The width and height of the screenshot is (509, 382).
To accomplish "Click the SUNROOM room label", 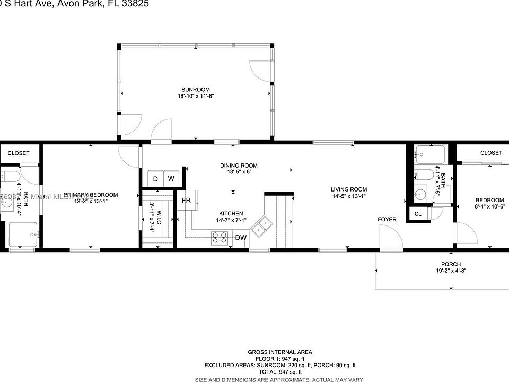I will [x=195, y=89].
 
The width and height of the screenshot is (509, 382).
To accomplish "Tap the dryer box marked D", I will [x=155, y=179].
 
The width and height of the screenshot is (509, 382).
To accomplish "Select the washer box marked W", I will [x=171, y=179].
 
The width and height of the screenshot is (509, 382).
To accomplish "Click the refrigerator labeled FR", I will [x=187, y=201].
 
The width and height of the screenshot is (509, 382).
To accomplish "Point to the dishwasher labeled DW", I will [x=241, y=238].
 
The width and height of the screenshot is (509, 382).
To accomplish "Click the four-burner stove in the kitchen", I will [x=220, y=238].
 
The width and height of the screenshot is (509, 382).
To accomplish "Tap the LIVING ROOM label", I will [x=348, y=189].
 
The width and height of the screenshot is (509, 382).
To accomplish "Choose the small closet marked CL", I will [x=418, y=214].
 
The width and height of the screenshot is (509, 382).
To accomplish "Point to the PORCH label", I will [x=451, y=264].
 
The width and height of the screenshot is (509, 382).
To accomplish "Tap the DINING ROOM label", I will [x=239, y=166].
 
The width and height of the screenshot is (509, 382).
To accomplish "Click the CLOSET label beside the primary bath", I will [x=19, y=153].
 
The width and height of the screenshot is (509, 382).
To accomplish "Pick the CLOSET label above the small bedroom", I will [x=490, y=153].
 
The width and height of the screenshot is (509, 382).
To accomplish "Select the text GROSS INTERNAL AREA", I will [x=280, y=352].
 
